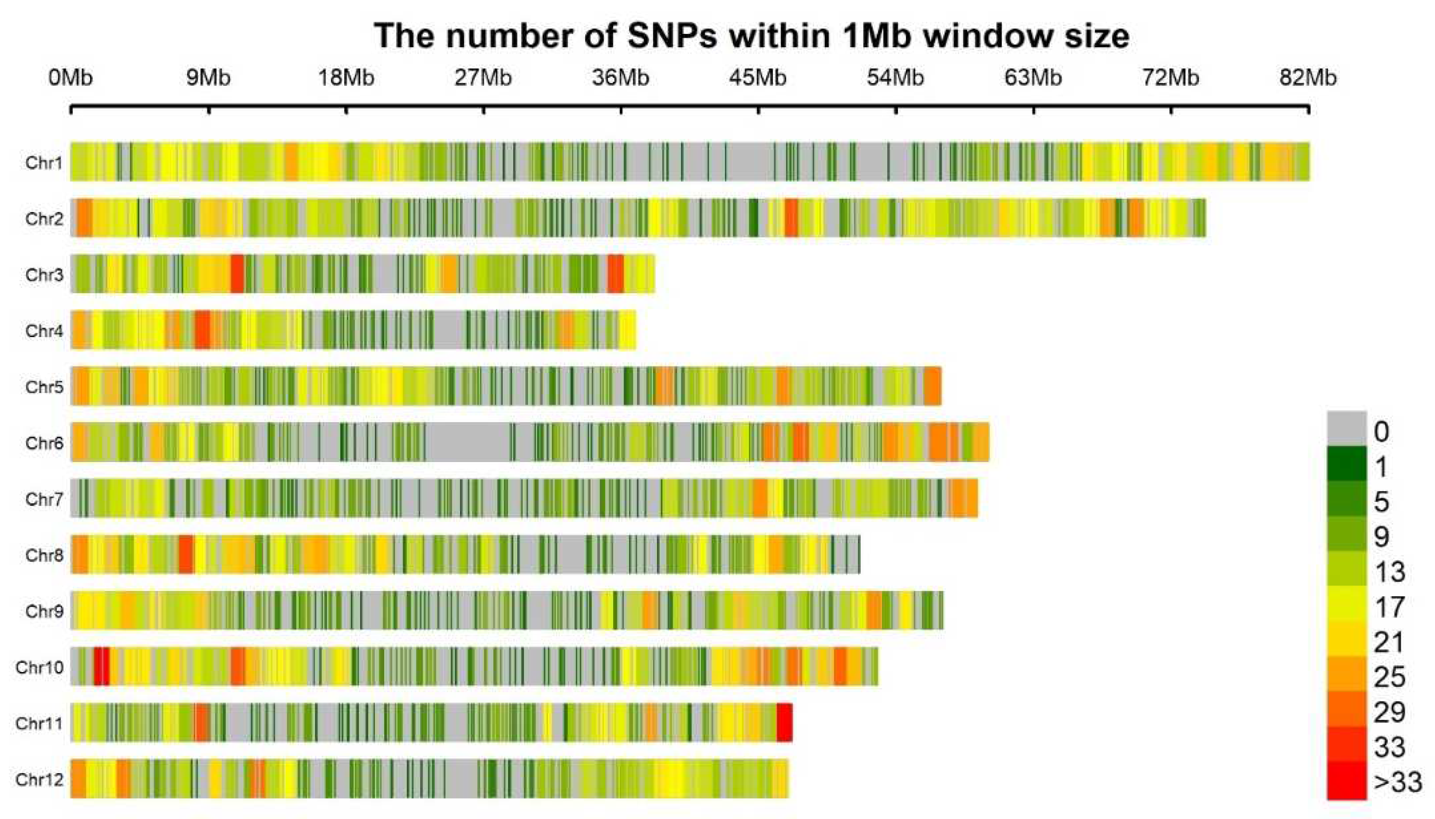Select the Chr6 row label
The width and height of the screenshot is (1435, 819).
point(44,443)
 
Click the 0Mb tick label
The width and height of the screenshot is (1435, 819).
point(70,77)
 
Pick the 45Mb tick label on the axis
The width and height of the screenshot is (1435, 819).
point(757,77)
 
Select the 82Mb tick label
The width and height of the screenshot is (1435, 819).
point(1307,77)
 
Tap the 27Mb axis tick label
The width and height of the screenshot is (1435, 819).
point(483,77)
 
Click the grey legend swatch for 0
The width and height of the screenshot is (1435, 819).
point(1346,429)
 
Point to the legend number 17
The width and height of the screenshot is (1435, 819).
point(1389,607)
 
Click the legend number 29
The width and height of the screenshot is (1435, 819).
point(1389,712)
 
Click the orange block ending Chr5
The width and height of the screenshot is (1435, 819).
point(932,386)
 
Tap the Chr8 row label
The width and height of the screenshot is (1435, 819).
point(44,555)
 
